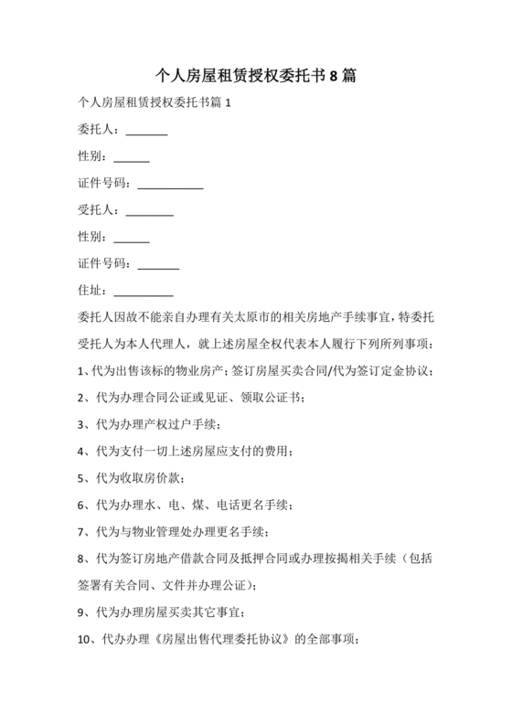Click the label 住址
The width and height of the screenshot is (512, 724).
(x=92, y=291)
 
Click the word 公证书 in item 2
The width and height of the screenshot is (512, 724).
(x=280, y=398)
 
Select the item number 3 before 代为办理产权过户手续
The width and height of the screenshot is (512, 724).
(x=83, y=425)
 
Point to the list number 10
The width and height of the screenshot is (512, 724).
(x=87, y=640)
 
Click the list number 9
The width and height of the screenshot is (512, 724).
(x=83, y=612)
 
